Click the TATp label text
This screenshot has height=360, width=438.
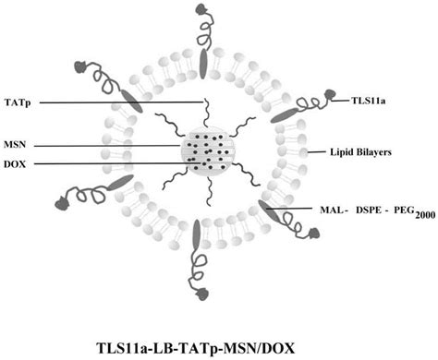18,102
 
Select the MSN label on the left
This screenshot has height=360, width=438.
17,145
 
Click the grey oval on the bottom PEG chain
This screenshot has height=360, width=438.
196,237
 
